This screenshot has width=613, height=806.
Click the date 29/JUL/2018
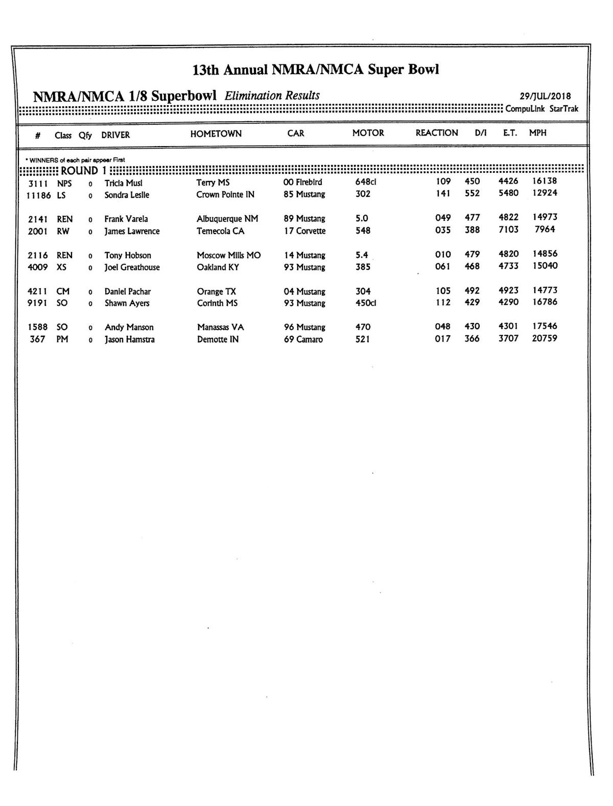tap(545, 96)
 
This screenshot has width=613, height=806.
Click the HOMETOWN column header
tap(216, 134)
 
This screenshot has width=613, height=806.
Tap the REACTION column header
tap(437, 133)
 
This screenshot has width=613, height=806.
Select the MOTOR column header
tap(368, 133)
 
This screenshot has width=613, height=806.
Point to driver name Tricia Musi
tap(123, 183)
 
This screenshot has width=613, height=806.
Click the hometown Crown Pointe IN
tap(225, 195)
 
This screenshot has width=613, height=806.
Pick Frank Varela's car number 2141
tap(38, 219)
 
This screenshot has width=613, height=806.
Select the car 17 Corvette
tap(304, 231)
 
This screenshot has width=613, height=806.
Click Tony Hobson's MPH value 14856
tap(545, 254)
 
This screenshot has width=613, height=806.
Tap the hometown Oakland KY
tap(218, 267)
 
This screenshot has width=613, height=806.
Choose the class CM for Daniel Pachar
tap(63, 291)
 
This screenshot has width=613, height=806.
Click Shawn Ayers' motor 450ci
tap(366, 303)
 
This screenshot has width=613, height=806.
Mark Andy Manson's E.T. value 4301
tap(508, 326)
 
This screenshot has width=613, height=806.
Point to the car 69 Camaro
tap(303, 339)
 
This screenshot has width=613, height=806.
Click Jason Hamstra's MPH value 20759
tap(545, 338)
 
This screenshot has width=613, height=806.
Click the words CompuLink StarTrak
tap(541, 109)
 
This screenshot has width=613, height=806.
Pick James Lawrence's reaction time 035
tap(443, 230)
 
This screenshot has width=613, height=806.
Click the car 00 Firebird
tap(302, 182)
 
